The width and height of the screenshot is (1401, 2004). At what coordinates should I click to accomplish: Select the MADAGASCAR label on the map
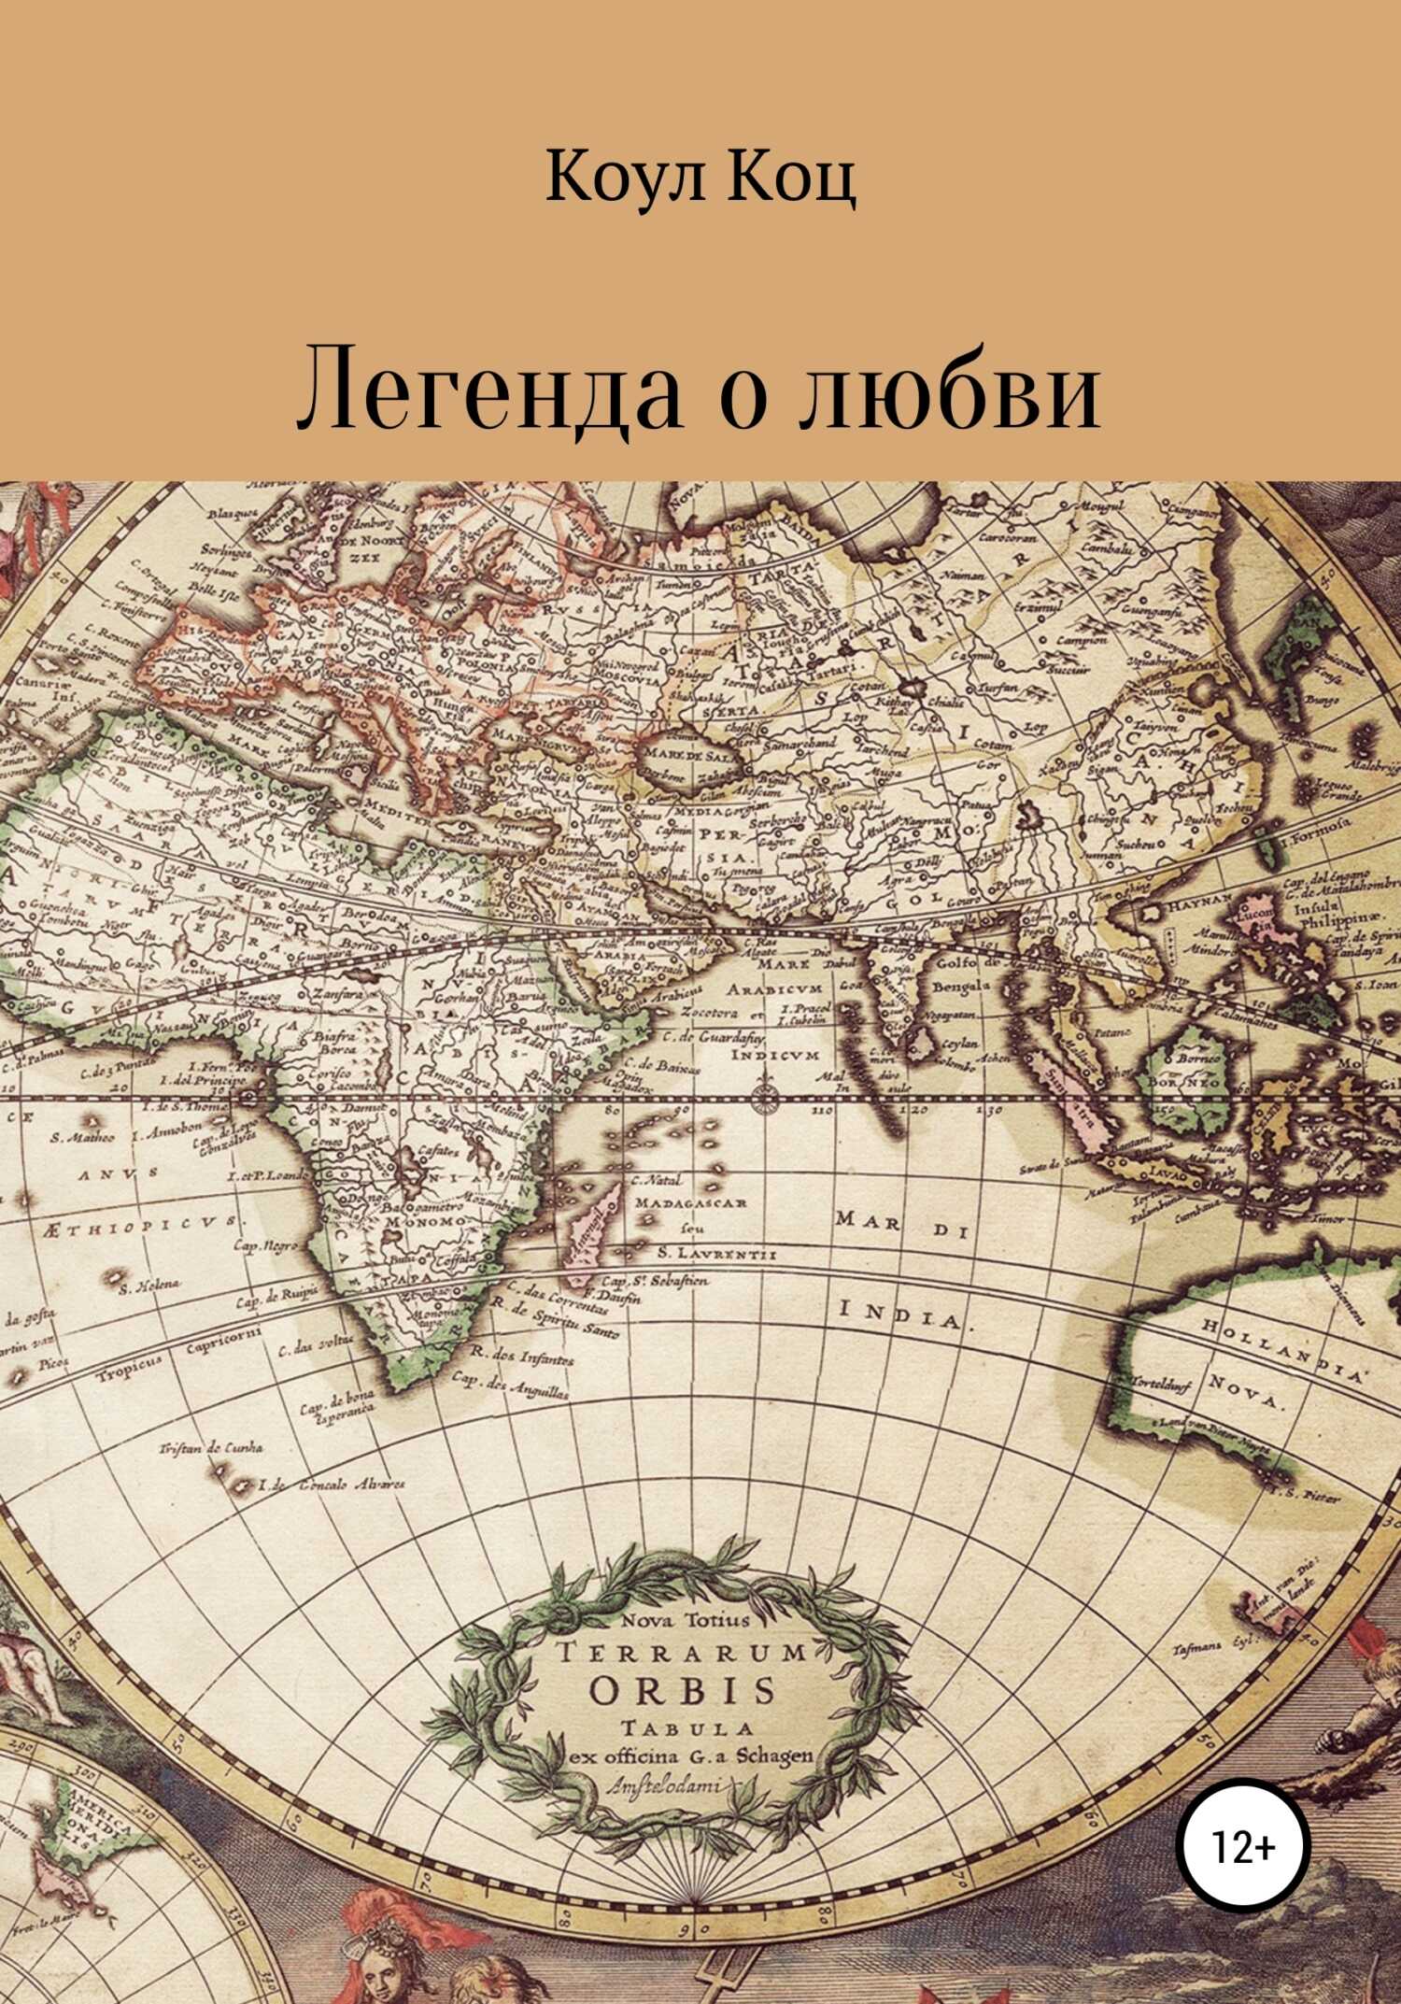click(690, 1202)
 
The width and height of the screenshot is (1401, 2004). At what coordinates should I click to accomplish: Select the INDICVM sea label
click(760, 1056)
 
